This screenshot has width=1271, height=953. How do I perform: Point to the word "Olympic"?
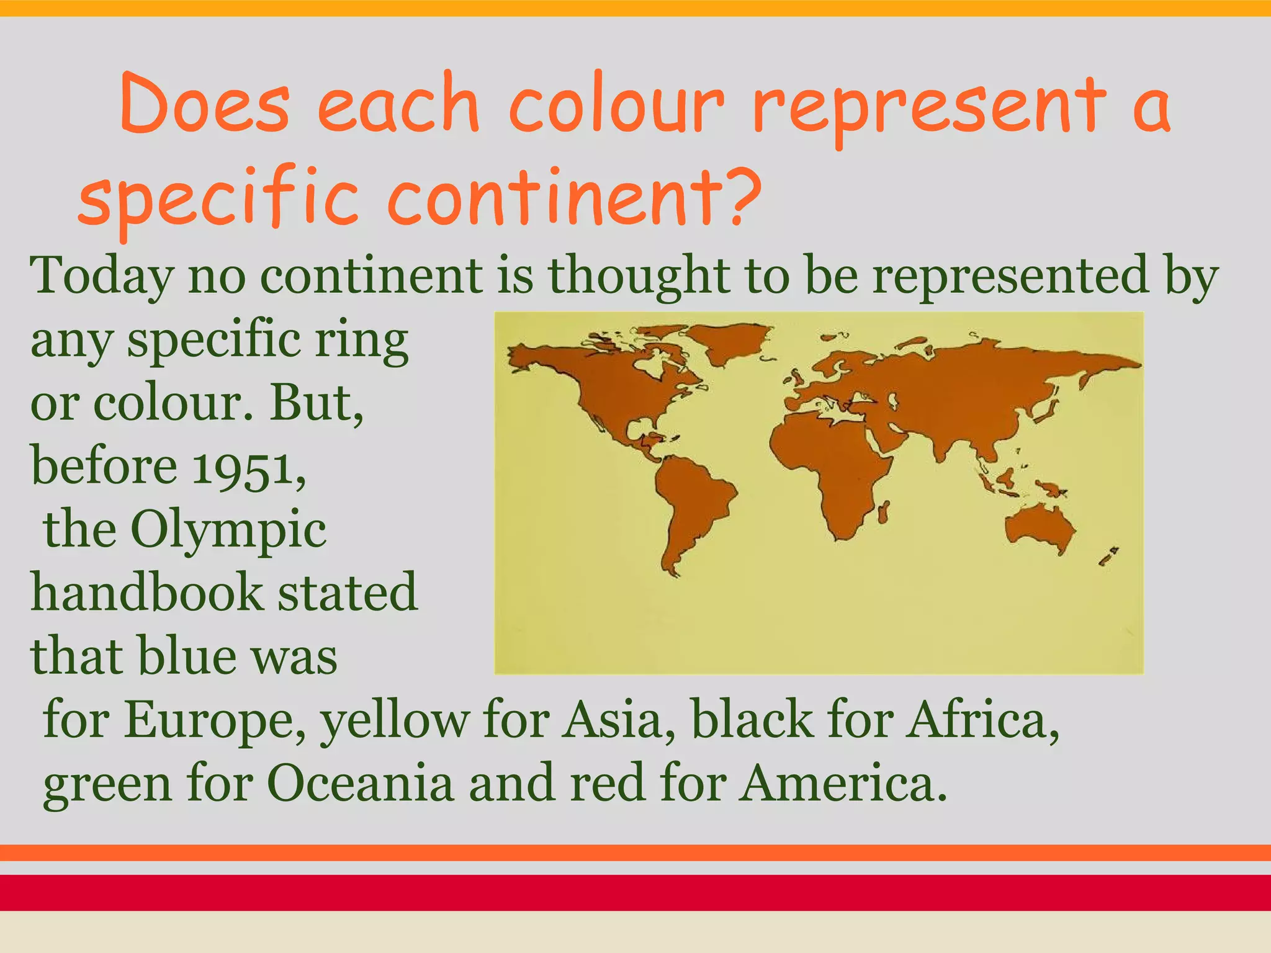tap(228, 530)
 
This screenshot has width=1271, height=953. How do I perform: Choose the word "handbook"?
tap(147, 592)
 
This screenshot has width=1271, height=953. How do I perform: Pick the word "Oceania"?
tap(361, 783)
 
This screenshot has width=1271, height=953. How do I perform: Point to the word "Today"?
tap(101, 275)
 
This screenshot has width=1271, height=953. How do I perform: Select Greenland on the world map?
tap(732, 341)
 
